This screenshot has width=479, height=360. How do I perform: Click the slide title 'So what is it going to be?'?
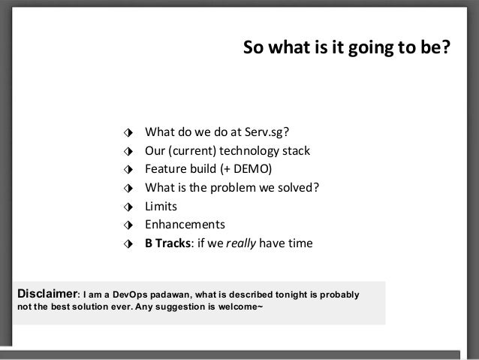[346, 48]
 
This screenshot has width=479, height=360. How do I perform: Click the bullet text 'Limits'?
[161, 206]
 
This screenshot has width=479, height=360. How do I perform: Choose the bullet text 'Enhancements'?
[185, 225]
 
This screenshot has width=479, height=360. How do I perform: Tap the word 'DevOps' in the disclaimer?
[123, 293]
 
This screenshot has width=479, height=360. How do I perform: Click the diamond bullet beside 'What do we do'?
[130, 133]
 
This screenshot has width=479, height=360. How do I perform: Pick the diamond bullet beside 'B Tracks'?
[130, 244]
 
